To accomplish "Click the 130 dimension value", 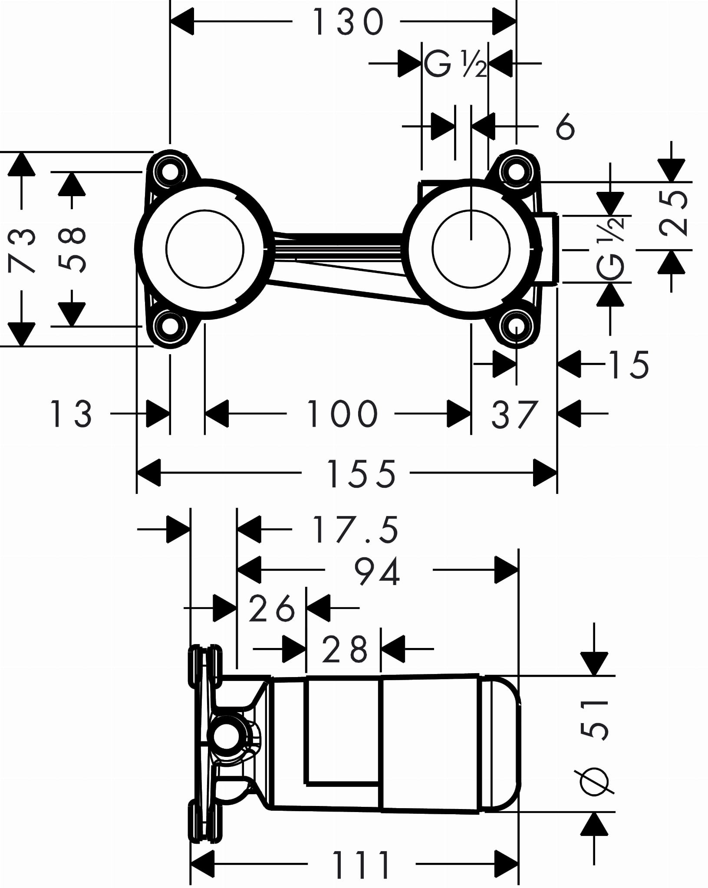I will point(348,22).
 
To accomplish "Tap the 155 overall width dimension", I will point(361,474).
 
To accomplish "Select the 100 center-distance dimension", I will point(342,414).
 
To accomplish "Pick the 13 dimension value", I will point(71,414).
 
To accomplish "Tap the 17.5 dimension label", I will point(355,530).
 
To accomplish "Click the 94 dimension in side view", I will point(377,572).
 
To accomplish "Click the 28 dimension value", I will point(345,650).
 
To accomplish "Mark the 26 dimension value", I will point(272,608).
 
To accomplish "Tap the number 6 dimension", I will point(565,127).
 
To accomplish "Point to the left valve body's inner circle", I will point(205,249).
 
